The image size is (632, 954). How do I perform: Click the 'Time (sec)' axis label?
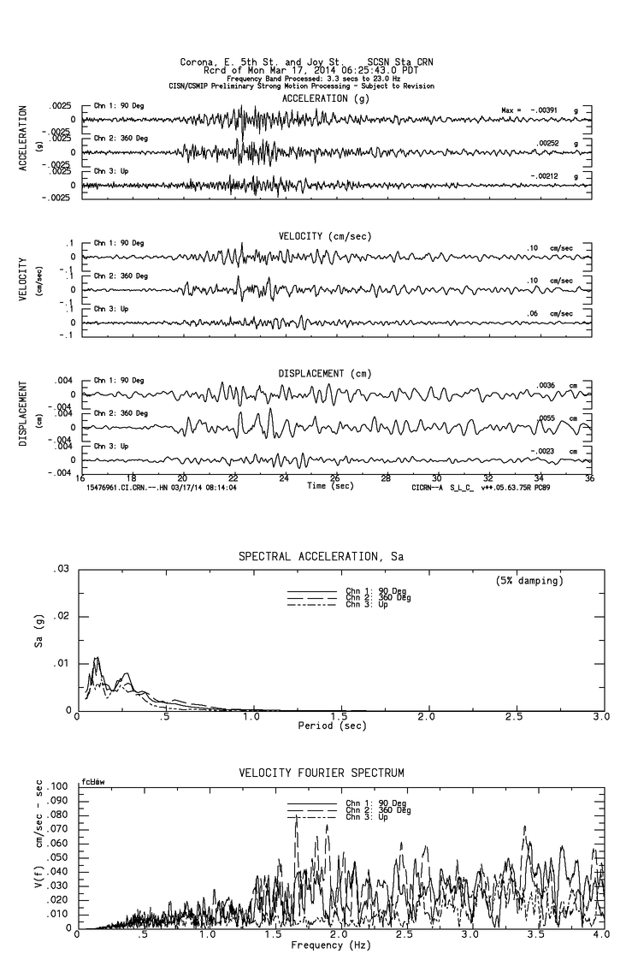click(x=329, y=485)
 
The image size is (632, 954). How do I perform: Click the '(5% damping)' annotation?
click(x=529, y=580)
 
